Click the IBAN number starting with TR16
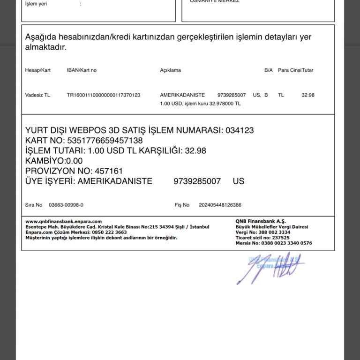104,95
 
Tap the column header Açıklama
170,70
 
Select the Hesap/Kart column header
37,70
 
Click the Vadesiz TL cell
37,95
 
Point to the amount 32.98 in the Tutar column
307,95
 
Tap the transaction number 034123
240,130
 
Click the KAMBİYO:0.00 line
54,161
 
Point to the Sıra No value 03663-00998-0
66,205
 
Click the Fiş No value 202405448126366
220,205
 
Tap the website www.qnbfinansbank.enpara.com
63,221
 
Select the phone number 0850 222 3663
109,232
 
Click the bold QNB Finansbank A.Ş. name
261,221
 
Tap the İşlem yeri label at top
36,4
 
